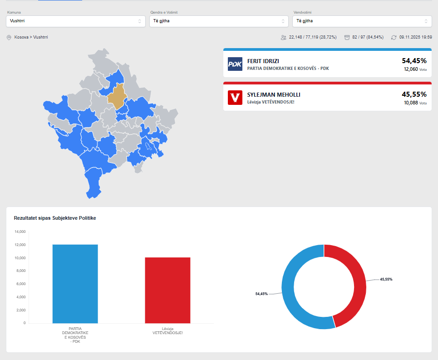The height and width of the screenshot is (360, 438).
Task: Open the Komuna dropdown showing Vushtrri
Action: (x=75, y=21)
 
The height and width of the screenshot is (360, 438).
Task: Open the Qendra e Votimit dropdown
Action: (x=219, y=21)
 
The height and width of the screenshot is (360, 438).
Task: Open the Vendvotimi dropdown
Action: (x=362, y=21)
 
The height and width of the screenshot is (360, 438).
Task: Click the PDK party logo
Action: (x=235, y=64)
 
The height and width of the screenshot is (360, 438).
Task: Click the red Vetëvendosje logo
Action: (x=235, y=98)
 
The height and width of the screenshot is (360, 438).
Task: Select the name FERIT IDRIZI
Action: (x=263, y=61)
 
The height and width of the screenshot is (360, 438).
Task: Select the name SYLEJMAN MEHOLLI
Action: (x=274, y=94)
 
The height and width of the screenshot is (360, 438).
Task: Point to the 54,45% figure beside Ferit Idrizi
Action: (x=414, y=60)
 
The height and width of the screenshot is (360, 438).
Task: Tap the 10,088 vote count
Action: (x=410, y=103)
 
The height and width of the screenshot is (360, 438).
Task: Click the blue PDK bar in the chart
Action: (x=75, y=284)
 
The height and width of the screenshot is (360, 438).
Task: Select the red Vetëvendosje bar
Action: (x=167, y=290)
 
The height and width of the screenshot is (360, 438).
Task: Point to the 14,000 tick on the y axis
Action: (x=20, y=232)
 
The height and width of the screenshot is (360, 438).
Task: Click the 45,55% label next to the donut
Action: (x=386, y=279)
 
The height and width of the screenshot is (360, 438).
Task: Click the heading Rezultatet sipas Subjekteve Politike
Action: (x=55, y=218)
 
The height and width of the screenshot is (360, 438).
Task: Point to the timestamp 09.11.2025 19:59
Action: (x=415, y=37)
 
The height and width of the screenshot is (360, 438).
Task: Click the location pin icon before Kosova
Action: (x=9, y=37)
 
